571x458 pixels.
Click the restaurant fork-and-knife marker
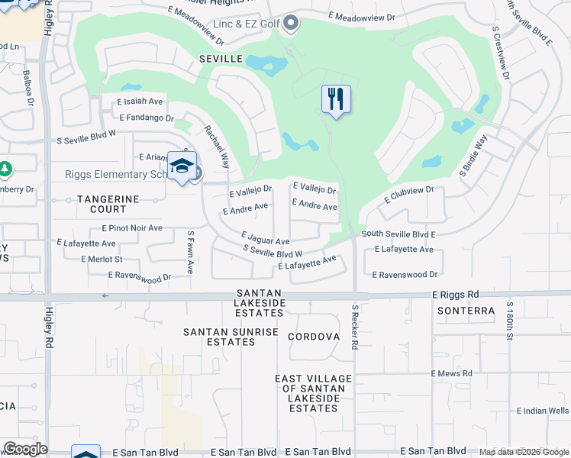(x=336, y=98)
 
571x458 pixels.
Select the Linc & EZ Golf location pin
(x=290, y=24)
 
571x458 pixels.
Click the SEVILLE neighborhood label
(x=221, y=59)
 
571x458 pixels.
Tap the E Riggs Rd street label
(x=455, y=294)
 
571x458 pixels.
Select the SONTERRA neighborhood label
(x=462, y=311)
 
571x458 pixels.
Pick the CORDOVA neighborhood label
(x=314, y=337)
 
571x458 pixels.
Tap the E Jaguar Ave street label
(x=265, y=239)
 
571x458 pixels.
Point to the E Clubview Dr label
(x=408, y=195)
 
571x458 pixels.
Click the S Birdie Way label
(x=473, y=156)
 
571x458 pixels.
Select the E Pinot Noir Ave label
(x=131, y=228)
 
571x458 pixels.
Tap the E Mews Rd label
(x=451, y=373)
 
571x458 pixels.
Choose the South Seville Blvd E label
(x=398, y=234)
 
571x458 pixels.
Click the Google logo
(x=24, y=449)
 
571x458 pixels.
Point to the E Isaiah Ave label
(x=140, y=101)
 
